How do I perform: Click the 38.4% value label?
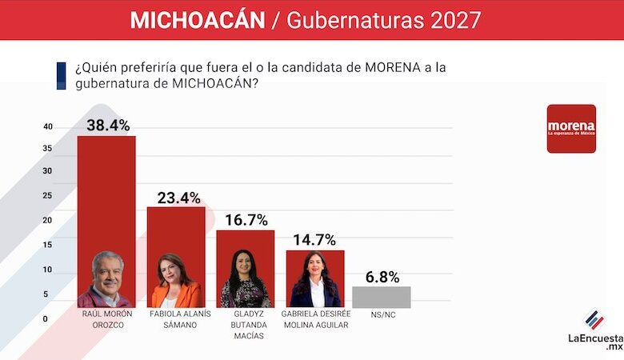[x=106, y=125]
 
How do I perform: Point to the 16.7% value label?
[x=246, y=220]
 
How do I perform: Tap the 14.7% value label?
[x=314, y=240]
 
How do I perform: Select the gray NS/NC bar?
[x=381, y=297]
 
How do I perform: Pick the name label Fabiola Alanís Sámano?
[x=176, y=319]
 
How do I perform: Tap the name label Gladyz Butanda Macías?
[x=246, y=325]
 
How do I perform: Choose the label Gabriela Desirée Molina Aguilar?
[x=315, y=319]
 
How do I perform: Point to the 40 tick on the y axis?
[x=48, y=127]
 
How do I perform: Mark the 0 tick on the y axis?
[x=46, y=319]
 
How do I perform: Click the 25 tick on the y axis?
[x=48, y=196]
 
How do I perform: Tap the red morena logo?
[x=571, y=128]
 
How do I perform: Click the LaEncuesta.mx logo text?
[x=595, y=341]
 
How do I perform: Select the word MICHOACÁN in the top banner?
[x=197, y=20]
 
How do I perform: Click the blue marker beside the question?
[x=61, y=75]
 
